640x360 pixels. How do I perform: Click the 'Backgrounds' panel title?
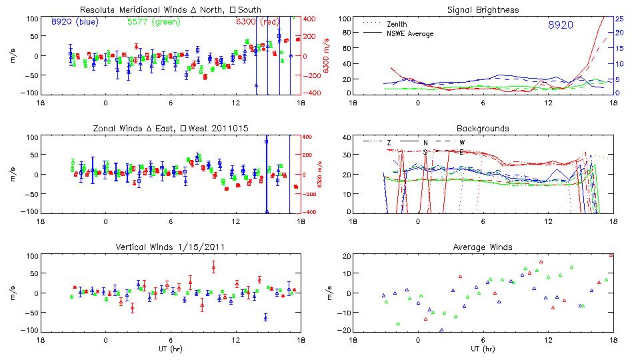point(483,128)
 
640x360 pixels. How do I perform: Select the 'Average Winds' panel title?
point(483,247)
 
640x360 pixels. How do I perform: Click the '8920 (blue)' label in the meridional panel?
point(75,21)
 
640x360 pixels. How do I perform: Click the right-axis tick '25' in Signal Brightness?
point(619,19)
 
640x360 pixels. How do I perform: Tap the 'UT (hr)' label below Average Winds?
point(483,349)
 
